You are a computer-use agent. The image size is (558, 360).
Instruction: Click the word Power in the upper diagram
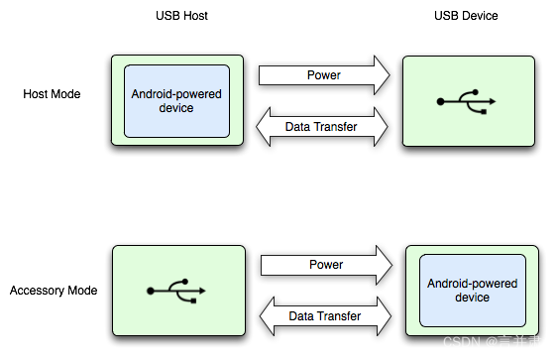[324, 75]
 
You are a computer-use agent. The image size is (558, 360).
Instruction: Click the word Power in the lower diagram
[326, 265]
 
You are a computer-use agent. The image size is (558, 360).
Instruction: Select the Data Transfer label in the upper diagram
[321, 127]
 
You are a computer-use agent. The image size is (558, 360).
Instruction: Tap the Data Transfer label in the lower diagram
[324, 316]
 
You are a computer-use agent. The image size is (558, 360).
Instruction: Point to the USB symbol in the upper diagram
[466, 101]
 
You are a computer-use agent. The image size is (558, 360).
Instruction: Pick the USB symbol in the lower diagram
[176, 291]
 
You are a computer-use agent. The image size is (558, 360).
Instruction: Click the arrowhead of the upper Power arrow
[382, 75]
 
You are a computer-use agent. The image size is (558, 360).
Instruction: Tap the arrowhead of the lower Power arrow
[385, 265]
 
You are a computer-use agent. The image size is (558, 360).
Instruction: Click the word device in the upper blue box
[176, 108]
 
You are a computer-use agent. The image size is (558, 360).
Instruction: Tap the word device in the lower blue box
[472, 298]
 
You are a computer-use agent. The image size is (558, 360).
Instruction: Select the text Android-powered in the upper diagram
[176, 94]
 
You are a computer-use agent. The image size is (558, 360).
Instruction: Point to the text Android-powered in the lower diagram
[472, 284]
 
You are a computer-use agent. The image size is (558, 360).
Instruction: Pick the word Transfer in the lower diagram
[339, 316]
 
